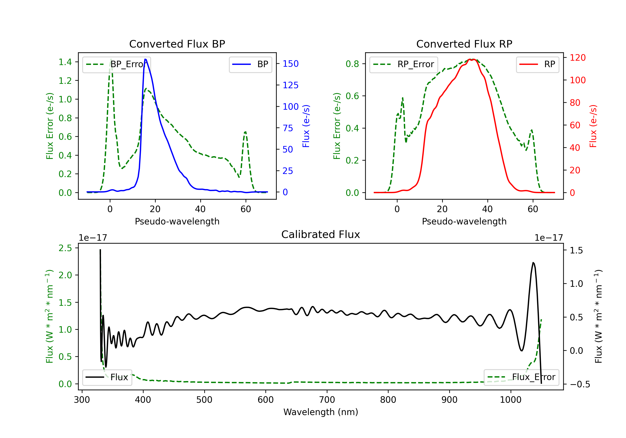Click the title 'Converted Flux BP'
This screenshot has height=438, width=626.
(177, 44)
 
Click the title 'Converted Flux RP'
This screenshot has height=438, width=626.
(464, 44)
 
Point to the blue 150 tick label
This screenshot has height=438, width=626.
(290, 64)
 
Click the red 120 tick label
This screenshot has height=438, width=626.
(577, 58)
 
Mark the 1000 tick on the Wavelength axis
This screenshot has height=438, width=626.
(510, 400)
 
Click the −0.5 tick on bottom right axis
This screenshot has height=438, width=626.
(580, 384)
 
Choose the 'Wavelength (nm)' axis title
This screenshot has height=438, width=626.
(321, 412)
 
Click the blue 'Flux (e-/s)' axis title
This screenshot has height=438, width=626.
(306, 126)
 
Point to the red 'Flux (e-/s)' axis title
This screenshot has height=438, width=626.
(593, 126)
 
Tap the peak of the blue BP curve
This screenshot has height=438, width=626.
(145, 59)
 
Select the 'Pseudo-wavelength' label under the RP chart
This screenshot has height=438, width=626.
(464, 221)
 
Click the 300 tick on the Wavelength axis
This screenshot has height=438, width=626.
(82, 400)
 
